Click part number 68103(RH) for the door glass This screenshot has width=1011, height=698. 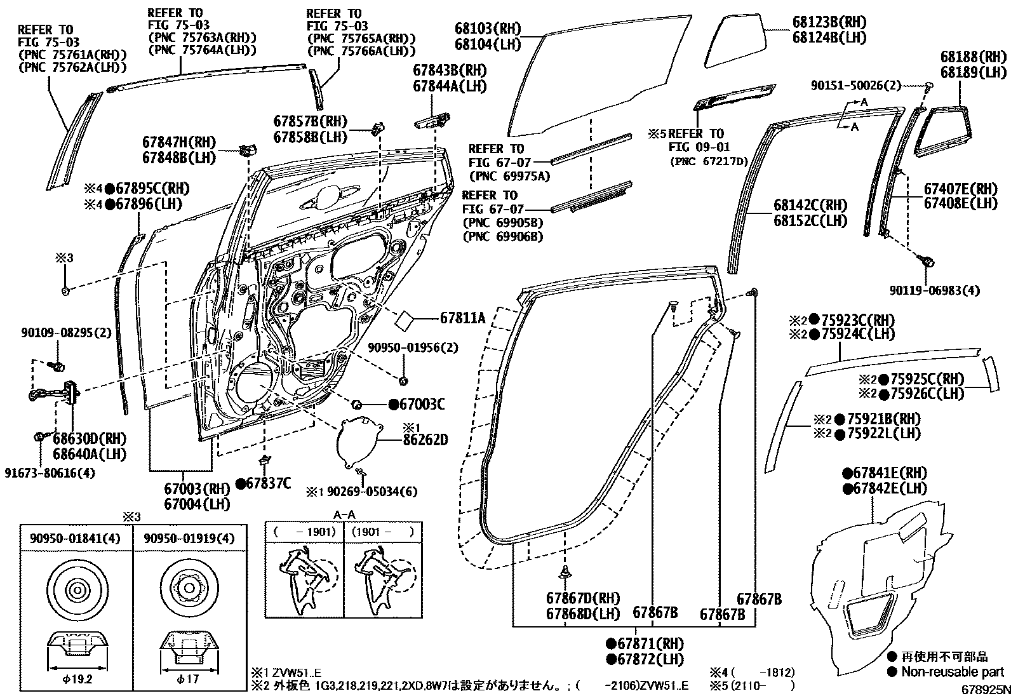(487, 29)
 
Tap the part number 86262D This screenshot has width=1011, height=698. (425, 440)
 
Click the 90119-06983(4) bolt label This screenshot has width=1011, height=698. (934, 290)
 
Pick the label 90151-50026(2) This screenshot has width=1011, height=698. (855, 85)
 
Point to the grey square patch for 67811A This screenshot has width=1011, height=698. (405, 319)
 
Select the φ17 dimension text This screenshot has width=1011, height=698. (189, 678)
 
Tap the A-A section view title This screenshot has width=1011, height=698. (344, 514)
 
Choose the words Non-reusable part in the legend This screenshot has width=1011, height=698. (953, 671)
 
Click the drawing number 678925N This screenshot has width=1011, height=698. (984, 688)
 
